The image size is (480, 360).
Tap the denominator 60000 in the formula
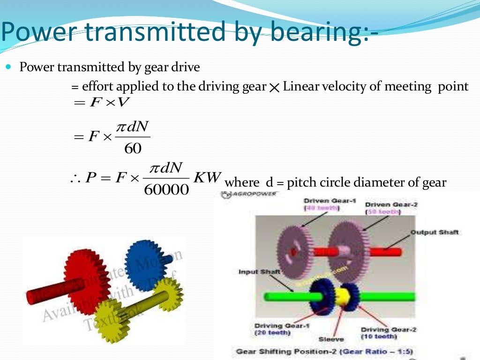click(x=166, y=190)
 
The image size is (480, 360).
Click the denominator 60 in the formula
click(x=133, y=149)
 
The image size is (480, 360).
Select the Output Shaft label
click(x=435, y=232)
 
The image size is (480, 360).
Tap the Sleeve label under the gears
click(x=331, y=339)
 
